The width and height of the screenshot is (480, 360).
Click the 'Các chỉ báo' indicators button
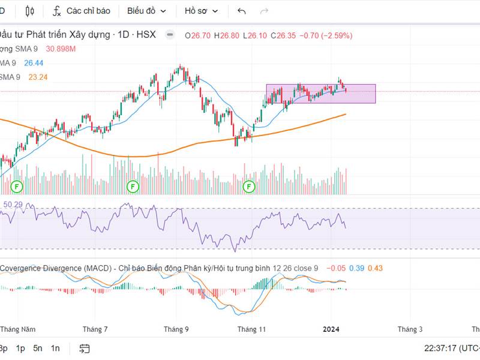tap(82, 11)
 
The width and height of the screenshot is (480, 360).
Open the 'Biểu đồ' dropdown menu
tap(146, 11)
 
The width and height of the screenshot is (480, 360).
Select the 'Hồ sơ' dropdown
tap(201, 11)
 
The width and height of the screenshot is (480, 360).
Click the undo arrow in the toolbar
tap(242, 11)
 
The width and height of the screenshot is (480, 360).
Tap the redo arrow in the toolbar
tap(264, 11)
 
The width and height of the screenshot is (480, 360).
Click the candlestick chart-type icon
tap(31, 11)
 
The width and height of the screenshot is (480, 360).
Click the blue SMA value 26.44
tap(34, 62)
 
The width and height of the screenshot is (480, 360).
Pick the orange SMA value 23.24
tap(38, 77)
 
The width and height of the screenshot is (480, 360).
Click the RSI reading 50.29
tap(13, 205)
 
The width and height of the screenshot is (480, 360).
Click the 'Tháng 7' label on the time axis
tap(95, 329)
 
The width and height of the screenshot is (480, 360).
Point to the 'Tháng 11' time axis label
tap(251, 329)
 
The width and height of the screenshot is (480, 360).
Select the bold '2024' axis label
tap(332, 329)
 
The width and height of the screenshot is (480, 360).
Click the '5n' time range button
tap(38, 348)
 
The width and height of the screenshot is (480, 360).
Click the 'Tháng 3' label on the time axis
tap(410, 329)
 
